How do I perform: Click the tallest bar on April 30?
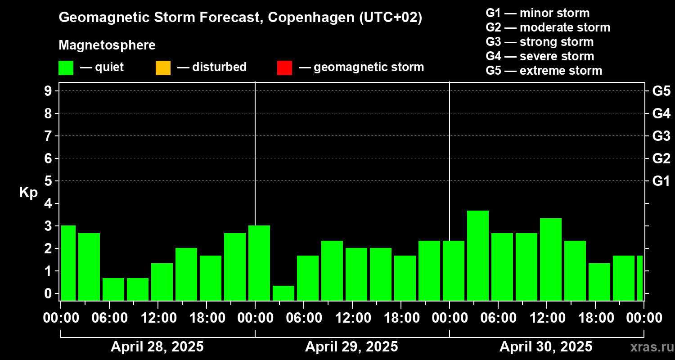(478, 255)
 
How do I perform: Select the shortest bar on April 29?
(283, 293)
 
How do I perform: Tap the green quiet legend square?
(66, 67)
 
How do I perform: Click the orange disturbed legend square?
(163, 67)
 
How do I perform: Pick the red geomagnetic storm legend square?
(284, 67)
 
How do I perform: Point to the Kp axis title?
(28, 193)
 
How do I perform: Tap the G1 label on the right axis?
(661, 181)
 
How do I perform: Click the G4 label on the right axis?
(661, 113)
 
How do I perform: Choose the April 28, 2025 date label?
(157, 347)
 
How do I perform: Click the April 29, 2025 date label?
(351, 347)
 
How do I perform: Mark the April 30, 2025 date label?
(546, 347)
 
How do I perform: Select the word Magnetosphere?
(107, 45)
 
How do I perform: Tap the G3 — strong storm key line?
(540, 42)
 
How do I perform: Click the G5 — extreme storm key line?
(544, 71)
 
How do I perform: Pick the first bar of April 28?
(68, 263)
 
